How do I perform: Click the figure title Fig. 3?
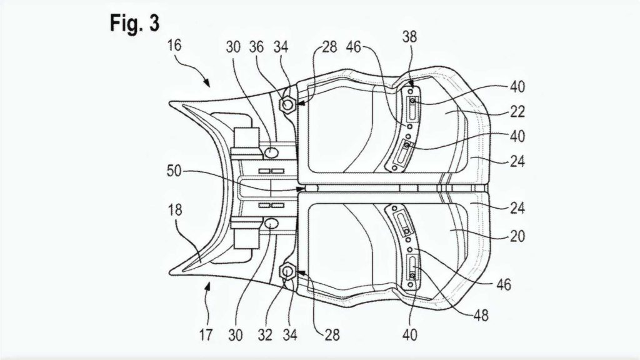coord(134,23)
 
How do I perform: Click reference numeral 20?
coord(517,236)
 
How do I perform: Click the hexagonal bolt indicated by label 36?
coord(287,105)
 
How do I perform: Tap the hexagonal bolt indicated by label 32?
coord(287,271)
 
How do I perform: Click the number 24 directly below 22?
coord(517,161)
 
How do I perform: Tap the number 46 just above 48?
coord(504,284)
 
